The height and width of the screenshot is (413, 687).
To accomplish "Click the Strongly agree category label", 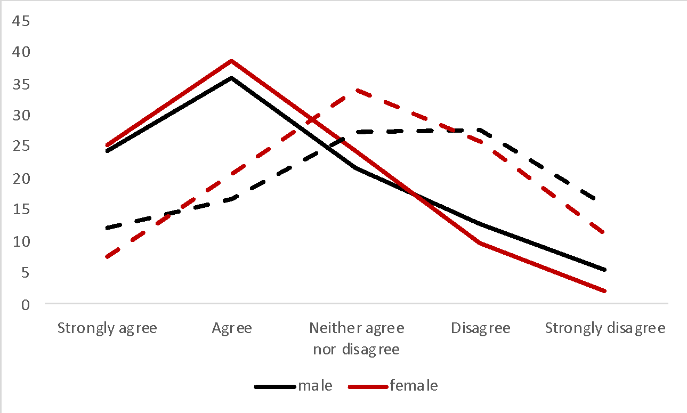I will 107,328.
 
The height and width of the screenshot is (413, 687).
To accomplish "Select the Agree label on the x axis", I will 232,328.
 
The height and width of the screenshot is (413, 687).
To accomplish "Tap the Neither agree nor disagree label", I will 357,338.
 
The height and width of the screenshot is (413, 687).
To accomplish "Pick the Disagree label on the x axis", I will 481,328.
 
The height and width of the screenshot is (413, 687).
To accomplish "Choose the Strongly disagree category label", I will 605,328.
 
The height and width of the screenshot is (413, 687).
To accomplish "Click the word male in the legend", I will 315,385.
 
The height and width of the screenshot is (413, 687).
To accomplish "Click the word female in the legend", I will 414,385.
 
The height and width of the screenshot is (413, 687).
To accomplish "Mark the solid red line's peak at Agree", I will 232,61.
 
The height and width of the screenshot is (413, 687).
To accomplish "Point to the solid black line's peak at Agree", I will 232,78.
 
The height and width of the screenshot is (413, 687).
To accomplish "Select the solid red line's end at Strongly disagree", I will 605,291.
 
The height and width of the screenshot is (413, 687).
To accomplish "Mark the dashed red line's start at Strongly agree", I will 107,257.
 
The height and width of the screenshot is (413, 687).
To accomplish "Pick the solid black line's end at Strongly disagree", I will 605,270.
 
